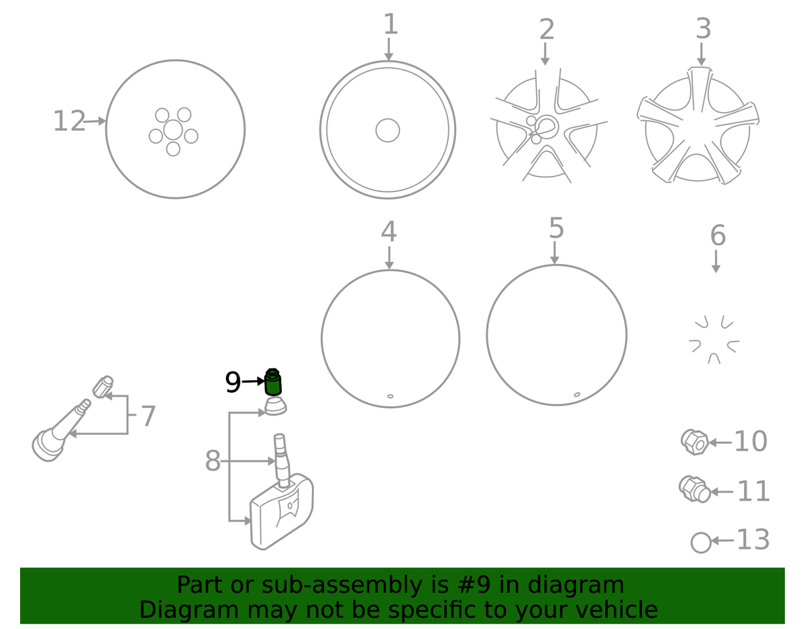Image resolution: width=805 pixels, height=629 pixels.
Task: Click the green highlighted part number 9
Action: click(x=273, y=382)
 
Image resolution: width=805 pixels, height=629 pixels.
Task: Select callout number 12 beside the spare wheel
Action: click(x=69, y=122)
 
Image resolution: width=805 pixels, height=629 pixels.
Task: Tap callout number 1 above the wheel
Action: click(x=390, y=24)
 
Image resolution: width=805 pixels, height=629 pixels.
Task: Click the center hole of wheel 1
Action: click(x=388, y=130)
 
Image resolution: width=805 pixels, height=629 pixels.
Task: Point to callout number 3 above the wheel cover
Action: click(x=704, y=29)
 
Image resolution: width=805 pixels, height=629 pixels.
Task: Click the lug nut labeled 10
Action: click(x=694, y=442)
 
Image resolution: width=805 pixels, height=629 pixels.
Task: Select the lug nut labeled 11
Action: click(x=694, y=489)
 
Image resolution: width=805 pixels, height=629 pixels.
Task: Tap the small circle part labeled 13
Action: click(x=701, y=543)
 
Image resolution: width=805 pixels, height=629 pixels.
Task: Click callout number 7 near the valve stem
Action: click(x=148, y=416)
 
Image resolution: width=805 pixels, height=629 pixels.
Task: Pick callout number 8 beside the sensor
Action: click(x=213, y=461)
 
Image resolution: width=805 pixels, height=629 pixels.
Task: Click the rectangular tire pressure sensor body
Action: click(x=282, y=512)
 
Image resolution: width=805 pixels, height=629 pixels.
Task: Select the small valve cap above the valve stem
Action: click(x=103, y=387)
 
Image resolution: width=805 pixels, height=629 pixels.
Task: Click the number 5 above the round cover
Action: click(x=556, y=228)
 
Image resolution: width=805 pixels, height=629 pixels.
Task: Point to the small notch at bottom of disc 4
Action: click(x=390, y=396)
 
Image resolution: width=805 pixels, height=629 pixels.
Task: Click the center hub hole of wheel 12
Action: click(x=173, y=130)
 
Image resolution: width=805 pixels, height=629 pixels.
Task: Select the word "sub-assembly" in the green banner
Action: click(x=341, y=585)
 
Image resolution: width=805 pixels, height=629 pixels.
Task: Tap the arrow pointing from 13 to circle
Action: click(x=722, y=540)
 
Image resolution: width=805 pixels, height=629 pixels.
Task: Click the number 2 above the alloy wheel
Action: click(x=547, y=30)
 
